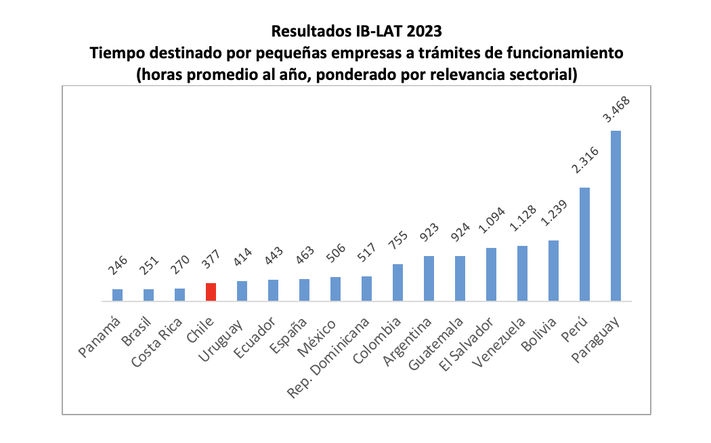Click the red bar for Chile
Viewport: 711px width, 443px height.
[211, 292]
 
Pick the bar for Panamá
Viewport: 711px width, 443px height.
[117, 295]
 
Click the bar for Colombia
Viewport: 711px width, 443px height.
[397, 282]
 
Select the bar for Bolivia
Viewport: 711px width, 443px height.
[553, 270]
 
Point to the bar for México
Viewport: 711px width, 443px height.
[335, 289]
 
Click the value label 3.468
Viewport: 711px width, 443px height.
[616, 109]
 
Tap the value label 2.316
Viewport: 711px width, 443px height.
[584, 165]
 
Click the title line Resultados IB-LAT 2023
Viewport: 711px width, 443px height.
[356, 30]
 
